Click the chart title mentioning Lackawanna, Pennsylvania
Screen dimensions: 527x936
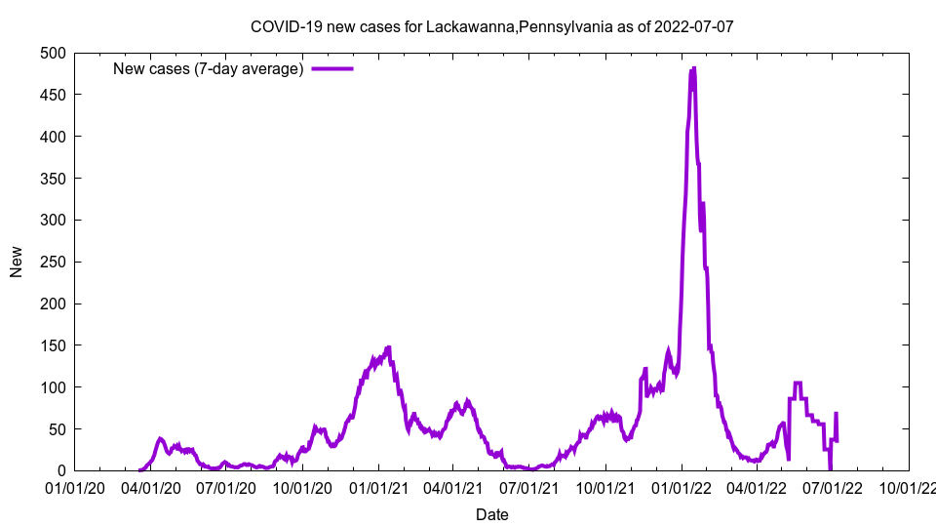point(491,26)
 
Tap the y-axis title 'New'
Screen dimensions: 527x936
point(17,262)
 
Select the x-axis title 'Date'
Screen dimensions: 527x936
point(491,514)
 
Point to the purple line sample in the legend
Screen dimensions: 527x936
point(332,68)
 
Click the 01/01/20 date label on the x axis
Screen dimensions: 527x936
point(75,487)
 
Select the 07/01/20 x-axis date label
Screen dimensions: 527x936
point(227,487)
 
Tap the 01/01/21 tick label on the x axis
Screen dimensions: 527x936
point(379,487)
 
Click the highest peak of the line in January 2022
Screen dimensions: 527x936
point(693,68)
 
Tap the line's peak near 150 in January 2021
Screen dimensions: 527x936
point(388,347)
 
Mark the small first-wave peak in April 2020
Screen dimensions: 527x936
point(160,439)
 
